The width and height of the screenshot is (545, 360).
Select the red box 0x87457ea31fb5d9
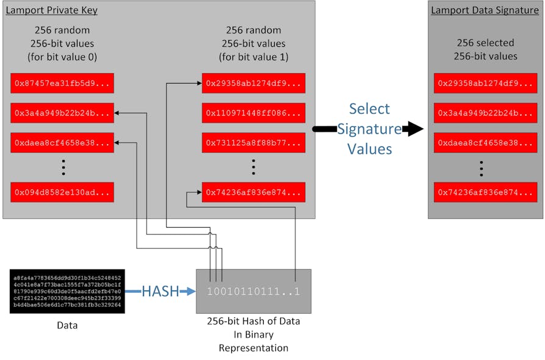point(62,83)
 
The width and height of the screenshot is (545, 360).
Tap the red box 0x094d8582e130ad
point(62,192)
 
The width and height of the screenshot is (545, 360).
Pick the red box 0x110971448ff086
point(253,113)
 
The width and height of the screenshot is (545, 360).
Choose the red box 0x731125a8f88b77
point(253,143)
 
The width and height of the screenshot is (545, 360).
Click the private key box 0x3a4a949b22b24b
point(62,113)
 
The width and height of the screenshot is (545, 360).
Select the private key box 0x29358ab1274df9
point(253,83)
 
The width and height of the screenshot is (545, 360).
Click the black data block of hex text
point(67,291)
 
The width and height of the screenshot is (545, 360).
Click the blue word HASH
point(160,292)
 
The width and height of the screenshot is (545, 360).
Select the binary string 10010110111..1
point(253,292)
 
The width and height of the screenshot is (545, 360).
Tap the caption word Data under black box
point(67,325)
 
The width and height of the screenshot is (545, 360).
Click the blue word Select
point(369,109)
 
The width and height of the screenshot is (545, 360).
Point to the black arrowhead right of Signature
point(414,129)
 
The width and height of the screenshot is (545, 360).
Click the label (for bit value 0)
point(62,58)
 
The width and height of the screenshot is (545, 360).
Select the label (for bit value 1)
point(253,58)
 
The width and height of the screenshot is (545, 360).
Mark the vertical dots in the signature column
point(482,168)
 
